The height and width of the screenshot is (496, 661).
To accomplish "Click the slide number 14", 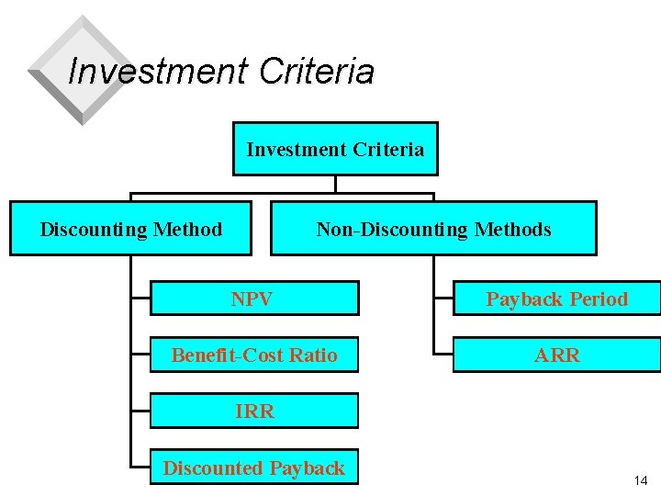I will [640, 481].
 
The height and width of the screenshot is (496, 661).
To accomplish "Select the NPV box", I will [254, 299].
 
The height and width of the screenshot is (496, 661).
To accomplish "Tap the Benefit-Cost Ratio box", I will [254, 355].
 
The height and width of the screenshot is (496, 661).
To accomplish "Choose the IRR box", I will [254, 411].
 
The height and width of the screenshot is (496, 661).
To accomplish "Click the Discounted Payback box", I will [254, 468].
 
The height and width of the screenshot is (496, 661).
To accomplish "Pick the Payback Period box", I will [556, 299].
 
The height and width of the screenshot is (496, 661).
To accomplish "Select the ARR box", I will [556, 355].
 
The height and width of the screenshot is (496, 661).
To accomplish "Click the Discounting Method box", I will [130, 229].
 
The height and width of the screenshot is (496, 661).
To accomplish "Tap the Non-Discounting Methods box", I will [433, 229].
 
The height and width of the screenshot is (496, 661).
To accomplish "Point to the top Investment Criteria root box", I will [335, 149].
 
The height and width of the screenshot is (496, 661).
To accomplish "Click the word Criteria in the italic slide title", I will [318, 71].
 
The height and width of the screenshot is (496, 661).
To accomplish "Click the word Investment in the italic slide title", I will [159, 71].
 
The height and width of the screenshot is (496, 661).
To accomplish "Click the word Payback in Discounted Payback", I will [306, 468].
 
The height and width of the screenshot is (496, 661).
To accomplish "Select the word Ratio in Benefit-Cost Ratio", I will [313, 355].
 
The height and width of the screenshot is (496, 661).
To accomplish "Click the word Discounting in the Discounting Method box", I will [92, 229].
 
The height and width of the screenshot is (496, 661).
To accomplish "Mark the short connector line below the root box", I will [335, 184].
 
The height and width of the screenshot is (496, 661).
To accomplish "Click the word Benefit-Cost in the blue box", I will [227, 355].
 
